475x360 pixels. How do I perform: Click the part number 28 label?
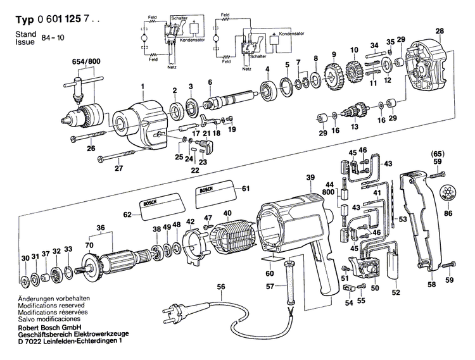click(x=440, y=30)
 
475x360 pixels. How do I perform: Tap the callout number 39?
click(x=310, y=178)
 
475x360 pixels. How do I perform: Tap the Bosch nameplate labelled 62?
click(x=155, y=207)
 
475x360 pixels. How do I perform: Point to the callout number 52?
click(x=395, y=292)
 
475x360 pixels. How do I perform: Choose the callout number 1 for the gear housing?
click(x=142, y=87)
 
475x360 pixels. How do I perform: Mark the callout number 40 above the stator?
click(x=227, y=213)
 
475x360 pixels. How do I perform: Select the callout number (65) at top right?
click(x=437, y=154)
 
